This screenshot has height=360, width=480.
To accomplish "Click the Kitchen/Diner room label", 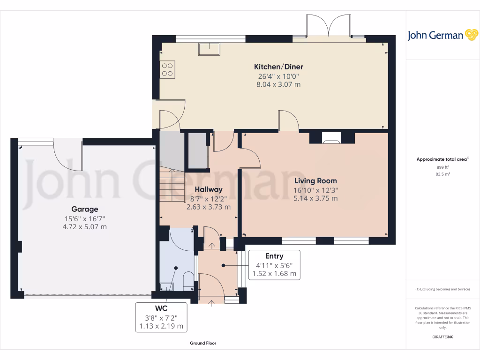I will pos(276,67).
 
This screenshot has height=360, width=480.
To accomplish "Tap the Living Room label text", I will pos(315,180).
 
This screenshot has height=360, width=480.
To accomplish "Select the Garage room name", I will pos(85,209).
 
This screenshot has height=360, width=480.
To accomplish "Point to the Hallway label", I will pos(209,189).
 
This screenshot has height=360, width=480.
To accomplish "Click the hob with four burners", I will pos(168,70).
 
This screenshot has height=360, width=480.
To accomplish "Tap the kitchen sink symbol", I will pos(210,49).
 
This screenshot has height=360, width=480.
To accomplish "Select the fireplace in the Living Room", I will pos(332,137).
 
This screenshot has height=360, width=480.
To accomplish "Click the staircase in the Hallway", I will pos(172,185).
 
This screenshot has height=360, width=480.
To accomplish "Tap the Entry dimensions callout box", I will pos(274,265).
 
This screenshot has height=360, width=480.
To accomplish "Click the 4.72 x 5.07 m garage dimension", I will pos(85,227).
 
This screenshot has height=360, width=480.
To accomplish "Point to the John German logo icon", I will pos(471,35).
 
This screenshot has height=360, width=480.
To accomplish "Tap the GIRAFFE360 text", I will pos(443,337).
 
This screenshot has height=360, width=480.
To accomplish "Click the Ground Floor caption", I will pos(203,343).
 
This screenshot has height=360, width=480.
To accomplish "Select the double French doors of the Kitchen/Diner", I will pos(329,28).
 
